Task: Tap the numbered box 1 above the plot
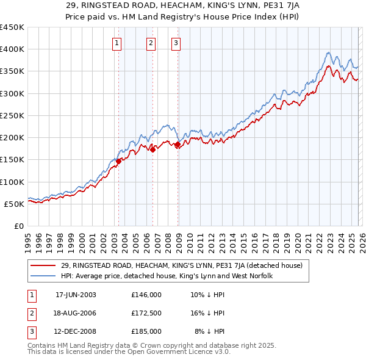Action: (117, 43)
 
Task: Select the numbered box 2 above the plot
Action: (151, 43)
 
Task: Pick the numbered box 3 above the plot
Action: (176, 43)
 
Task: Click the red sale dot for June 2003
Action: (119, 161)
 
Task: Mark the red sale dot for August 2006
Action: (153, 149)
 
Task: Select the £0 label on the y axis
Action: (20, 226)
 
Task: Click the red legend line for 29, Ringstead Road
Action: (45, 265)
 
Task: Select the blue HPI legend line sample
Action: (45, 276)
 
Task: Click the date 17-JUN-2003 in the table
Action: (76, 294)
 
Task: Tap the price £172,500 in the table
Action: (146, 313)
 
